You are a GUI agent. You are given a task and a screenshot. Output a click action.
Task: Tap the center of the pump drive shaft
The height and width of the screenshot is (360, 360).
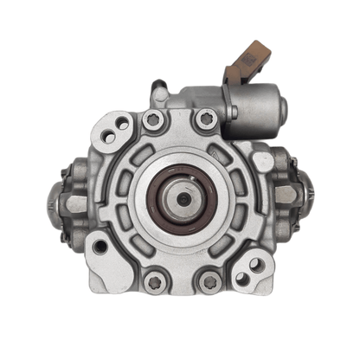point(183,197)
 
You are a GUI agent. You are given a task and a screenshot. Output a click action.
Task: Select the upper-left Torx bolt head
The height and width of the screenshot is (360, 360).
point(153,121)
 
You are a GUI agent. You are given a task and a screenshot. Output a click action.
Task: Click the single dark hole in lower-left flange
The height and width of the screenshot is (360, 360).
point(101,247)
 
